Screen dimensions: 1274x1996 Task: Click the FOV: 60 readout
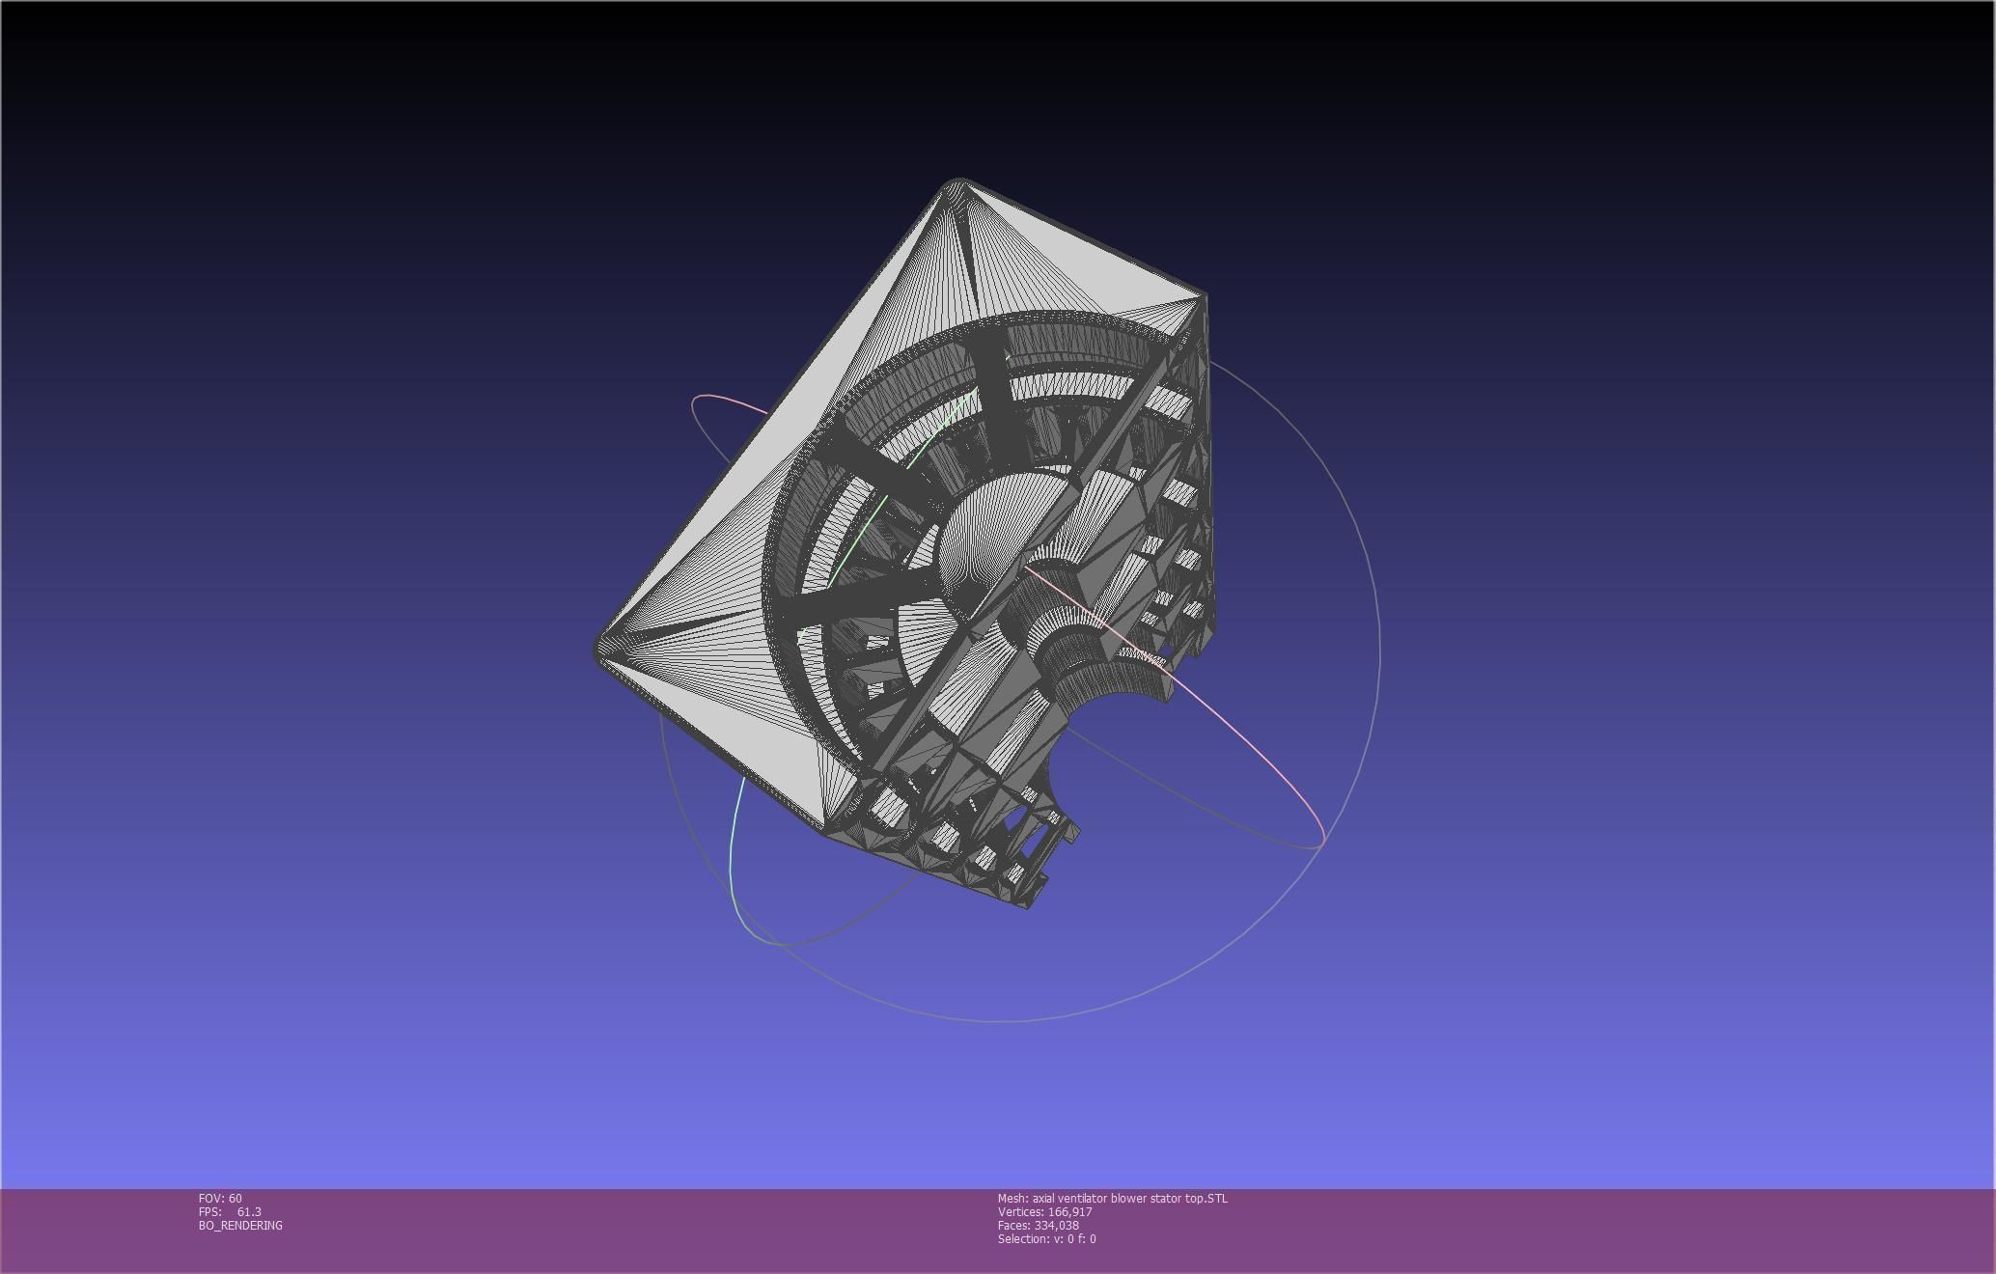(220, 1198)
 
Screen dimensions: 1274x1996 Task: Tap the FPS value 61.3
(249, 1211)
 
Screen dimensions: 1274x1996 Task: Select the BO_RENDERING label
(240, 1225)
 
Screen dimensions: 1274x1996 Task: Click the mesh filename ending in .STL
(1129, 1198)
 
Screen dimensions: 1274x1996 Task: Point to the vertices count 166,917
(1069, 1211)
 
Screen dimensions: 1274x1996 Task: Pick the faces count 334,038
(1056, 1225)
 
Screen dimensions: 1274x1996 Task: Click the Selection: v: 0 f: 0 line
(1046, 1238)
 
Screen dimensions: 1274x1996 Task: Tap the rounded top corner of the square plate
(956, 183)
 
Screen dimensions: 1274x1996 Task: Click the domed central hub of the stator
(984, 531)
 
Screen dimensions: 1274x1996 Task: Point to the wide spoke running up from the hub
(994, 396)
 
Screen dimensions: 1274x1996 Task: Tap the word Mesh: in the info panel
(1012, 1198)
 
